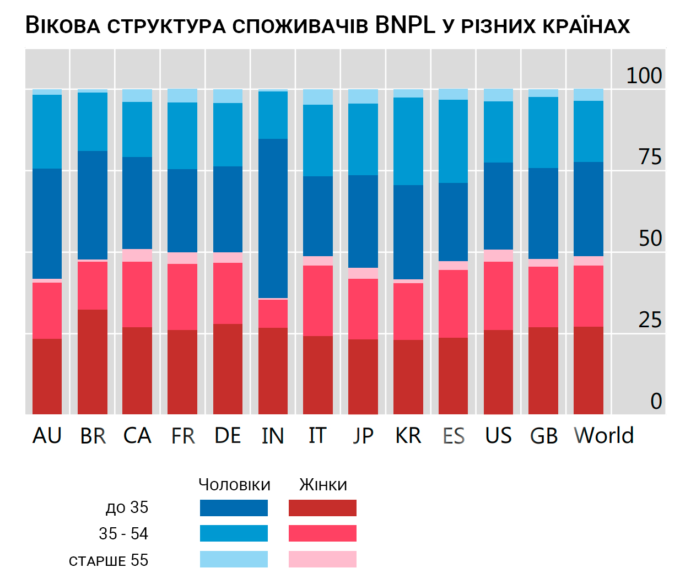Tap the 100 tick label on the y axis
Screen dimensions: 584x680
click(644, 75)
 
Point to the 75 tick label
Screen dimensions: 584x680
click(650, 157)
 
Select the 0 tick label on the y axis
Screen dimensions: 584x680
click(656, 401)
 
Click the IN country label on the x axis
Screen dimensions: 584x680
click(273, 436)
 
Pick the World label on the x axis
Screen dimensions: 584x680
click(604, 435)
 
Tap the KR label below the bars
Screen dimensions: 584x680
click(408, 435)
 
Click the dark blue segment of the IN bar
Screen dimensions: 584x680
click(273, 218)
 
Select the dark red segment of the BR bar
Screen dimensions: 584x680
click(93, 361)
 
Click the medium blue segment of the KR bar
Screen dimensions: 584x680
click(408, 141)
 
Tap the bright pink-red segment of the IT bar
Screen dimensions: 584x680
click(318, 300)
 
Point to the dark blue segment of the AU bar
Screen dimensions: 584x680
click(47, 223)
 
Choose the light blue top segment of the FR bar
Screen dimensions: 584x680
click(182, 95)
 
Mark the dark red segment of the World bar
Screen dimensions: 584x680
click(589, 370)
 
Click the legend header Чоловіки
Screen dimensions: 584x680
click(234, 485)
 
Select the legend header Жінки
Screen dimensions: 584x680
click(323, 485)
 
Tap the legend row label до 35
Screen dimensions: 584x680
click(127, 507)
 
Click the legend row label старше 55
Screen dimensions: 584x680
click(109, 560)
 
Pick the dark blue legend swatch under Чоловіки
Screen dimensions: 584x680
click(234, 508)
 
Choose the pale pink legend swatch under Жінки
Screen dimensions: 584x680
click(322, 559)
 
